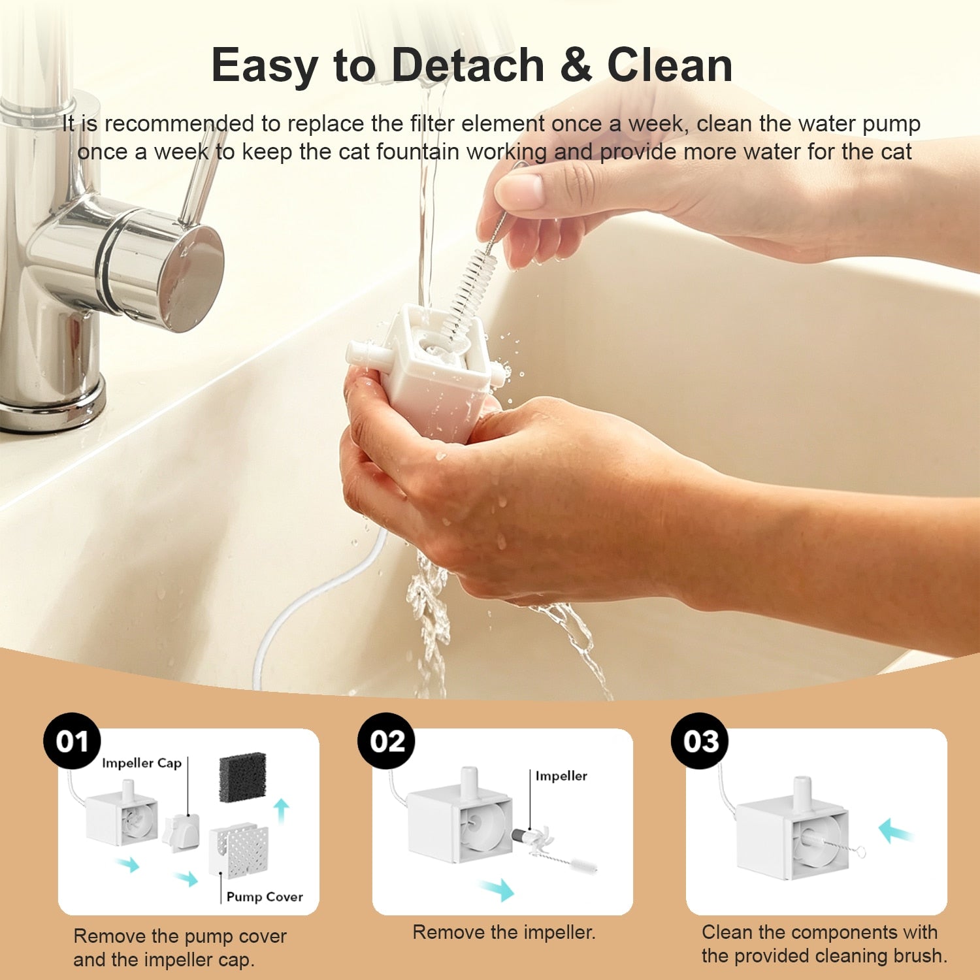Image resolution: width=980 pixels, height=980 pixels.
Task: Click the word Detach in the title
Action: click(x=468, y=65)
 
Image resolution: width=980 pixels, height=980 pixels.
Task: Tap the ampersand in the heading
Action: click(x=576, y=65)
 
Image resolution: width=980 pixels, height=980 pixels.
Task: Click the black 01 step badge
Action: click(x=72, y=741)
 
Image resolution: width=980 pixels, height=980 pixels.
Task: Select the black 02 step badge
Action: click(x=386, y=741)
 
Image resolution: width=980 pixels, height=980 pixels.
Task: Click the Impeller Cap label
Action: click(x=142, y=763)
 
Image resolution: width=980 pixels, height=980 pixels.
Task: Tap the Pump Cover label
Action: click(x=265, y=896)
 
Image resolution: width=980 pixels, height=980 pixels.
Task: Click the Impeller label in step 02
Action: click(x=561, y=776)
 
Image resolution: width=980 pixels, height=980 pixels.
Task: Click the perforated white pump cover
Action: click(x=239, y=849)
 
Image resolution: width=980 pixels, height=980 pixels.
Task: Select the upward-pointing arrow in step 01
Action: click(x=282, y=811)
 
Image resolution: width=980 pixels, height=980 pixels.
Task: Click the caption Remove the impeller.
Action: click(x=504, y=932)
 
